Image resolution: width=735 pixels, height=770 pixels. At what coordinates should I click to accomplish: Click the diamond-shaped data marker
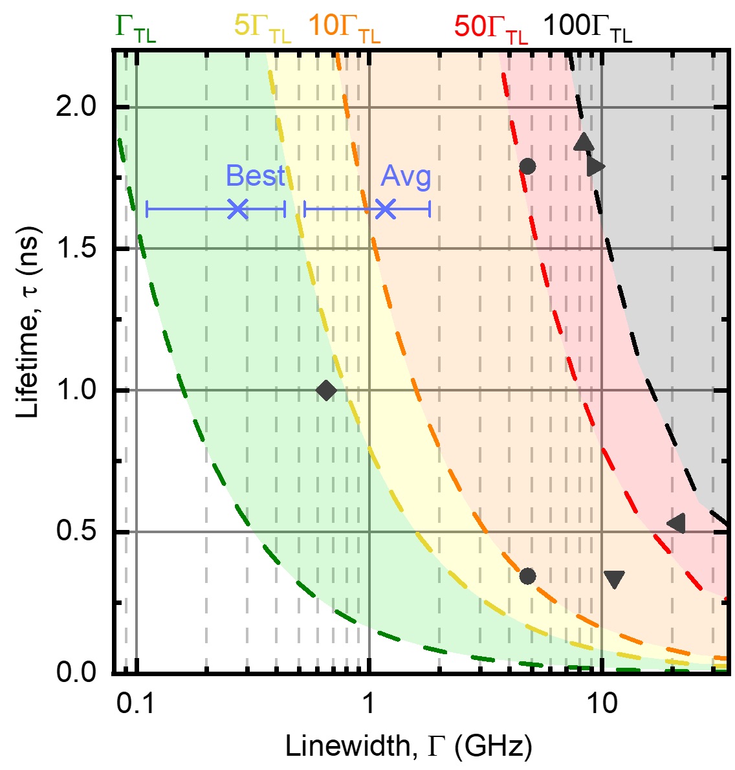pos(326,390)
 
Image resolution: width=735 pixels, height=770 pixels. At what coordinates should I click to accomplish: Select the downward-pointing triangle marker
pos(613,579)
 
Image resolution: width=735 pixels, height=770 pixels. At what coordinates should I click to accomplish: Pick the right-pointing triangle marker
pos(595,166)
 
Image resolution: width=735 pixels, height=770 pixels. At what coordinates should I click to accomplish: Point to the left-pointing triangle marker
pos(677,523)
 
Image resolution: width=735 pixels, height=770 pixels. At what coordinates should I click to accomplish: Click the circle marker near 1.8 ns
pos(527,166)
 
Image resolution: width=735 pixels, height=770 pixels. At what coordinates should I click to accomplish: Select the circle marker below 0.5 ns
pos(527,576)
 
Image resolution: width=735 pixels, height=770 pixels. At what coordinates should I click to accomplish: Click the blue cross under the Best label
pos(238,208)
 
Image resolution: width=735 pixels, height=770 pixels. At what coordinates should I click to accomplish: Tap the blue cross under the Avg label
pos(385,208)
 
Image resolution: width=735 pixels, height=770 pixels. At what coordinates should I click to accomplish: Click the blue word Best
pos(255,176)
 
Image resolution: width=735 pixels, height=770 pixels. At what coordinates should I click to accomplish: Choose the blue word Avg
pos(406,176)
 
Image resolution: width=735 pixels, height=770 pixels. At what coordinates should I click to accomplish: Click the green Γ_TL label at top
pos(136,28)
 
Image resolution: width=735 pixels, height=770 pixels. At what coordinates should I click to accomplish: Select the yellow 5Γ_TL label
pos(262,28)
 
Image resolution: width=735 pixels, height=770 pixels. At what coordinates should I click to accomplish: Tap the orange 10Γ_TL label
pos(344,28)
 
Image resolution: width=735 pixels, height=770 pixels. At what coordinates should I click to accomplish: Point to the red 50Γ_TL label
pos(491,28)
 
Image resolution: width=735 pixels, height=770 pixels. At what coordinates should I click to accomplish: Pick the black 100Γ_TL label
pos(587,28)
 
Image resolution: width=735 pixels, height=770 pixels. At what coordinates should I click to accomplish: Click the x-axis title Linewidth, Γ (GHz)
pos(409,747)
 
